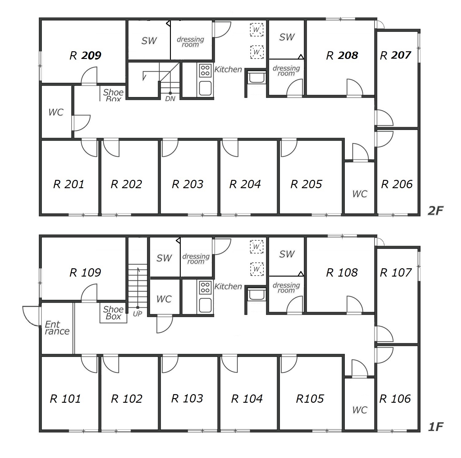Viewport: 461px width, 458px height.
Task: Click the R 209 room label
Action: coord(85,56)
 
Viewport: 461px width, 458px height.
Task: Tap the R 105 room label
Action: coord(310,399)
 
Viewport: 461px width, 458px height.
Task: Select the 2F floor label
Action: coord(435,211)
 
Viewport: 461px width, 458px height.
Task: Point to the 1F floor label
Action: coord(435,427)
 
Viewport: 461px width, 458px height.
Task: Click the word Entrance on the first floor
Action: coord(57,328)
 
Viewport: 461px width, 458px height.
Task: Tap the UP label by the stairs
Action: coord(137,314)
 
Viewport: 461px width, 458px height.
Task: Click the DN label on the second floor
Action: coord(170,99)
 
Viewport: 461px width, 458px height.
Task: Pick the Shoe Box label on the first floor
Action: coord(113,313)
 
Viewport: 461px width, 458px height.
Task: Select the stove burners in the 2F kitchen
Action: coord(205,70)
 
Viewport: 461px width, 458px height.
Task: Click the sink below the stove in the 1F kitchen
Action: coord(205,305)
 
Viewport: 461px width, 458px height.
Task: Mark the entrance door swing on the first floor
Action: coord(31,316)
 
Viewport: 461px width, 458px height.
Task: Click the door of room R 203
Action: coord(169,148)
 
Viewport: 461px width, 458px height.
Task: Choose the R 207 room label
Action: coord(396,56)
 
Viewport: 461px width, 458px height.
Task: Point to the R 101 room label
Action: coord(65,399)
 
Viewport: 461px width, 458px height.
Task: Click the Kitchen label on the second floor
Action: coord(228,70)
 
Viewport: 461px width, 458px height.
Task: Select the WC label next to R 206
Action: coord(360,194)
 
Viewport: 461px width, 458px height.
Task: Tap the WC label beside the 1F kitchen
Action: coord(164,299)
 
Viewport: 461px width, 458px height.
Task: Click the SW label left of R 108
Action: coord(287,254)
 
